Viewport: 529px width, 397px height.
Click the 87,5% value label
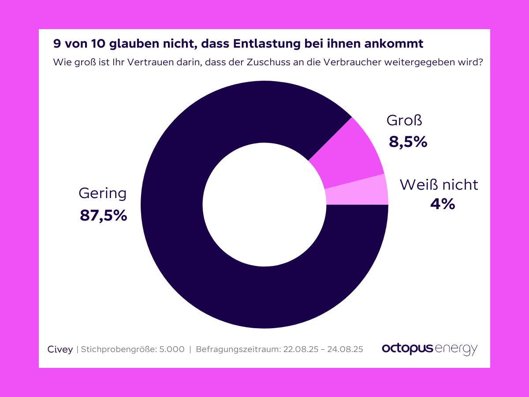tap(104, 215)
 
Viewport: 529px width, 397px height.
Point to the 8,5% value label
tap(408, 142)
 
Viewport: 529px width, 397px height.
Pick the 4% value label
tap(442, 204)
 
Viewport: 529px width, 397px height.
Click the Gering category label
tap(102, 193)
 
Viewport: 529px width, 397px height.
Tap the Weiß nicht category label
tap(439, 184)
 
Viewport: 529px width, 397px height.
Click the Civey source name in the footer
tap(60, 349)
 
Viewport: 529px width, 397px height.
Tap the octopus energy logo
tap(429, 348)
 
